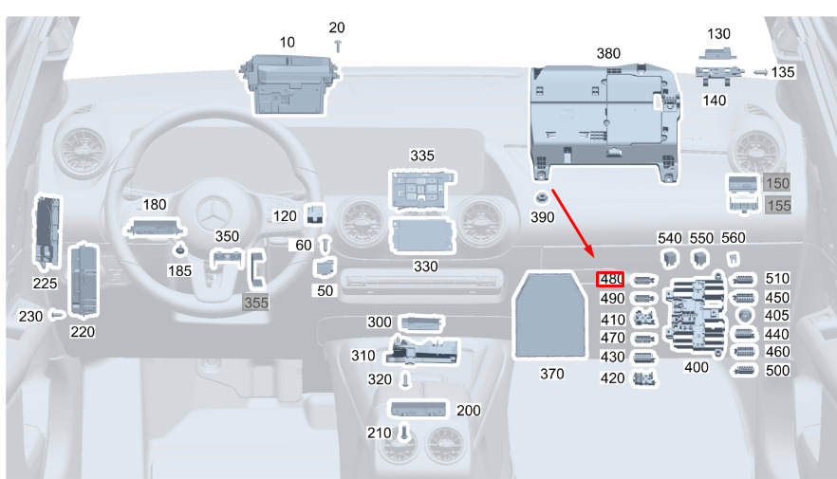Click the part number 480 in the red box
(x=611, y=279)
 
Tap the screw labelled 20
(x=338, y=46)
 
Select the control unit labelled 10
(x=288, y=83)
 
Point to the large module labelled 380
(x=605, y=120)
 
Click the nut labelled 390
(x=541, y=198)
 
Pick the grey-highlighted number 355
(x=255, y=303)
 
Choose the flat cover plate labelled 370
(x=550, y=315)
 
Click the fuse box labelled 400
(x=695, y=315)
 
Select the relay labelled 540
(x=669, y=259)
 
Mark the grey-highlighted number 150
(x=776, y=183)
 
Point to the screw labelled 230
(x=57, y=315)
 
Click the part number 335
(x=421, y=156)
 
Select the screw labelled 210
(x=404, y=433)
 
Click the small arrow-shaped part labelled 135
(x=760, y=72)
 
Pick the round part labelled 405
(x=743, y=315)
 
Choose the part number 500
(x=776, y=370)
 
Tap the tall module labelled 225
(x=46, y=231)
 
